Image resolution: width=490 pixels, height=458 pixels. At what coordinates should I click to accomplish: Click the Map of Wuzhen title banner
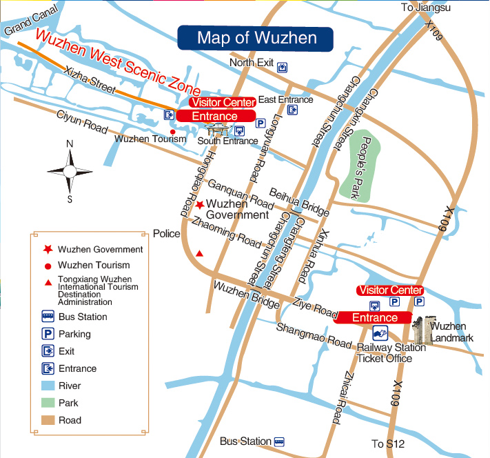256,37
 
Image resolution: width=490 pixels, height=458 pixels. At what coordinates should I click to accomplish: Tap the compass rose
70,170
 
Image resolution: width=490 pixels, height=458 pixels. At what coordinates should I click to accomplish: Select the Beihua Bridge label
299,199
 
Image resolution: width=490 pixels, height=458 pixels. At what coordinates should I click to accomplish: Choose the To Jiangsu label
425,8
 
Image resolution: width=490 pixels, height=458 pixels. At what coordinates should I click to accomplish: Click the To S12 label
387,444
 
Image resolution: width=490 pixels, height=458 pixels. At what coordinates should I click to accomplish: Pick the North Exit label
252,63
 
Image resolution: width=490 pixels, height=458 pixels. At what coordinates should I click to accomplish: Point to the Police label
166,234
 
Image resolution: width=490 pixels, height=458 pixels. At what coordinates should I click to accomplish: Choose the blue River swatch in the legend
48,386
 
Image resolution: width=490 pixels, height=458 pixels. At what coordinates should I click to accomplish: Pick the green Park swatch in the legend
48,403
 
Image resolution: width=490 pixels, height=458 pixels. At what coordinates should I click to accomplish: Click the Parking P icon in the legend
48,334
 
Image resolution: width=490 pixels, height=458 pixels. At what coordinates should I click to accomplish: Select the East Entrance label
285,99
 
